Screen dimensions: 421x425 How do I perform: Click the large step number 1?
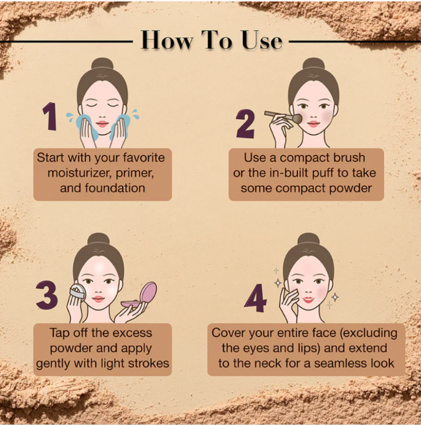coord(50,117)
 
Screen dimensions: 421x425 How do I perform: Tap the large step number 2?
coord(246,124)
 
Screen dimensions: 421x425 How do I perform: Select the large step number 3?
coord(47,295)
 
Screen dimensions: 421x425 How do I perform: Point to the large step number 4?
coord(255,298)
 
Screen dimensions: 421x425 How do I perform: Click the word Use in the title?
coord(262,41)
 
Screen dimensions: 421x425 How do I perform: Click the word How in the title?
coord(167,41)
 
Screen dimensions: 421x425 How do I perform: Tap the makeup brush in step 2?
coord(283,117)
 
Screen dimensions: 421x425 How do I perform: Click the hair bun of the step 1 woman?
coord(102,64)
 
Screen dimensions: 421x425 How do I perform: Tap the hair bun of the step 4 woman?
coord(308,239)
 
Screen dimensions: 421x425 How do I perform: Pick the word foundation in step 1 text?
coord(115,188)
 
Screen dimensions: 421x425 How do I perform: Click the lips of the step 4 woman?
coord(308,300)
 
